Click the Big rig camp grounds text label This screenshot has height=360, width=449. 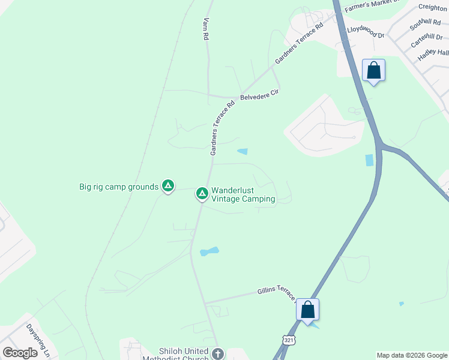119,187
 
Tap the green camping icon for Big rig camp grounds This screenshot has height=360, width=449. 169,187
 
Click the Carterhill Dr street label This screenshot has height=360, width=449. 427,40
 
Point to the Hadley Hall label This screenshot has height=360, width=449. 432,52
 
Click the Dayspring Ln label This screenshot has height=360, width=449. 38,340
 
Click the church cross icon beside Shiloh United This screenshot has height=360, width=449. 217,354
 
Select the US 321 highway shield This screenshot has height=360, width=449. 289,340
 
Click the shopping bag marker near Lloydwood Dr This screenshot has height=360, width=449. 373,71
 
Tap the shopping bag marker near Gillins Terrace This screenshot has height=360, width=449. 307,310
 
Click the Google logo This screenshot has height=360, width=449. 20,353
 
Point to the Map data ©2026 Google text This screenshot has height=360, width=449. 411,355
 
